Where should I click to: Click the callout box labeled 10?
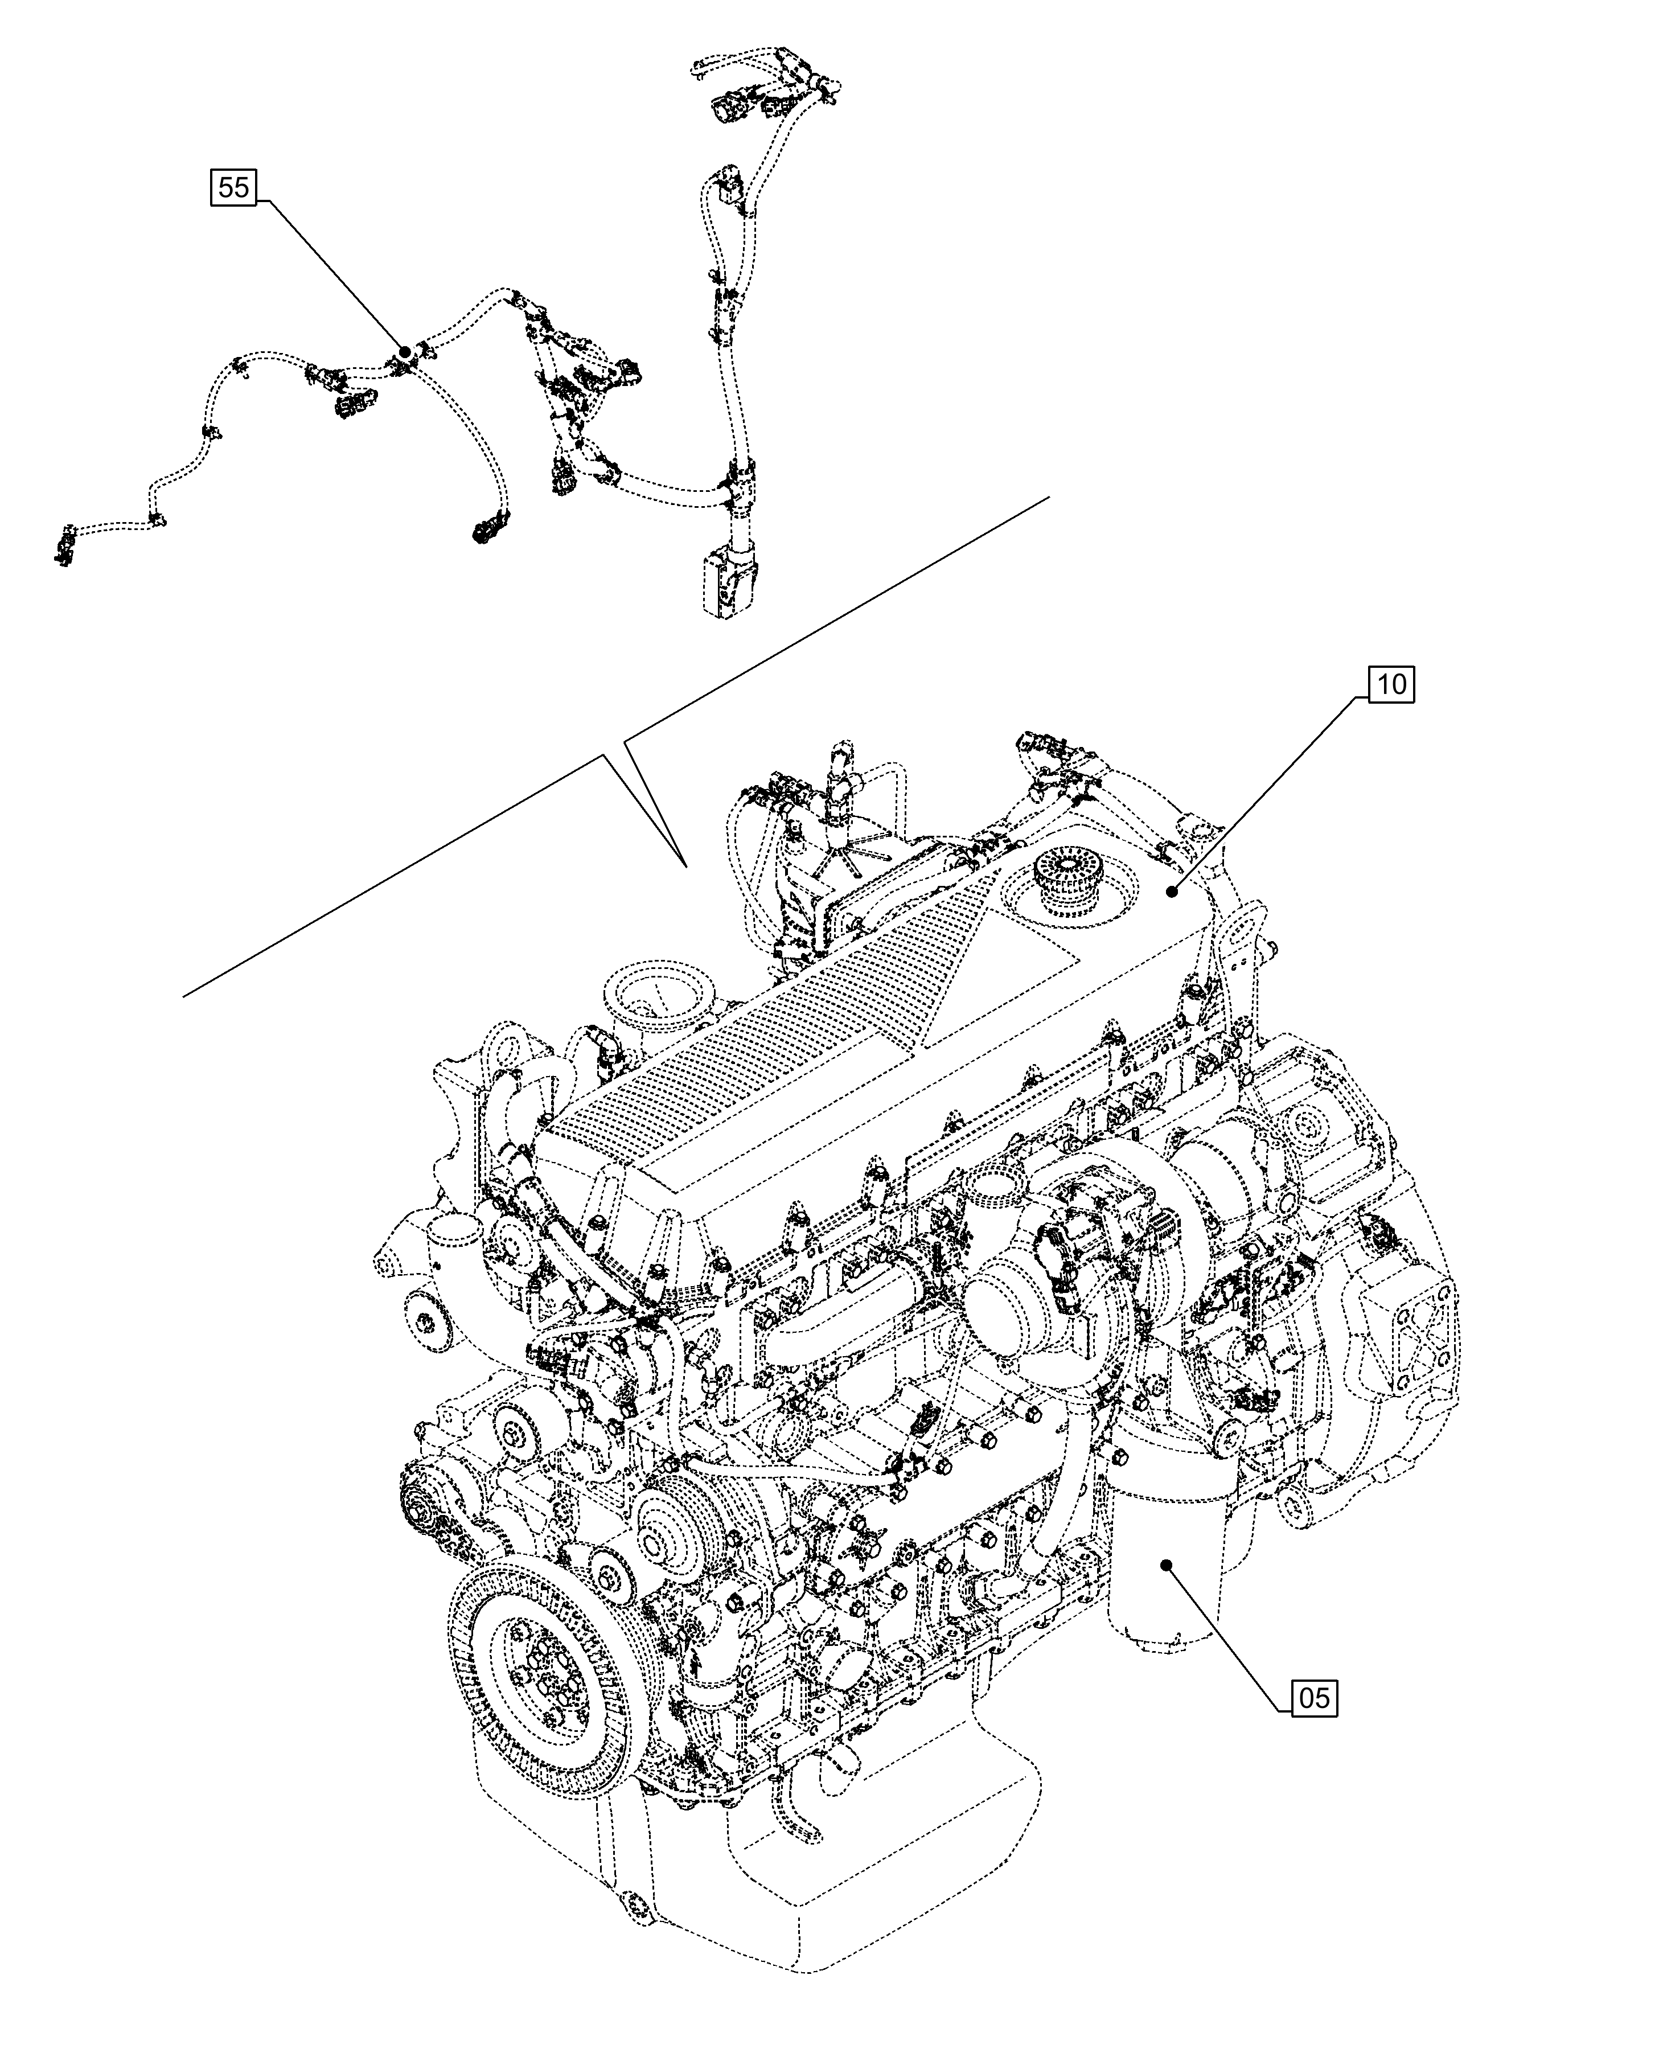click(1392, 685)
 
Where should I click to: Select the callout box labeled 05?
click(1315, 1698)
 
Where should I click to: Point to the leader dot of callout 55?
click(405, 352)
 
